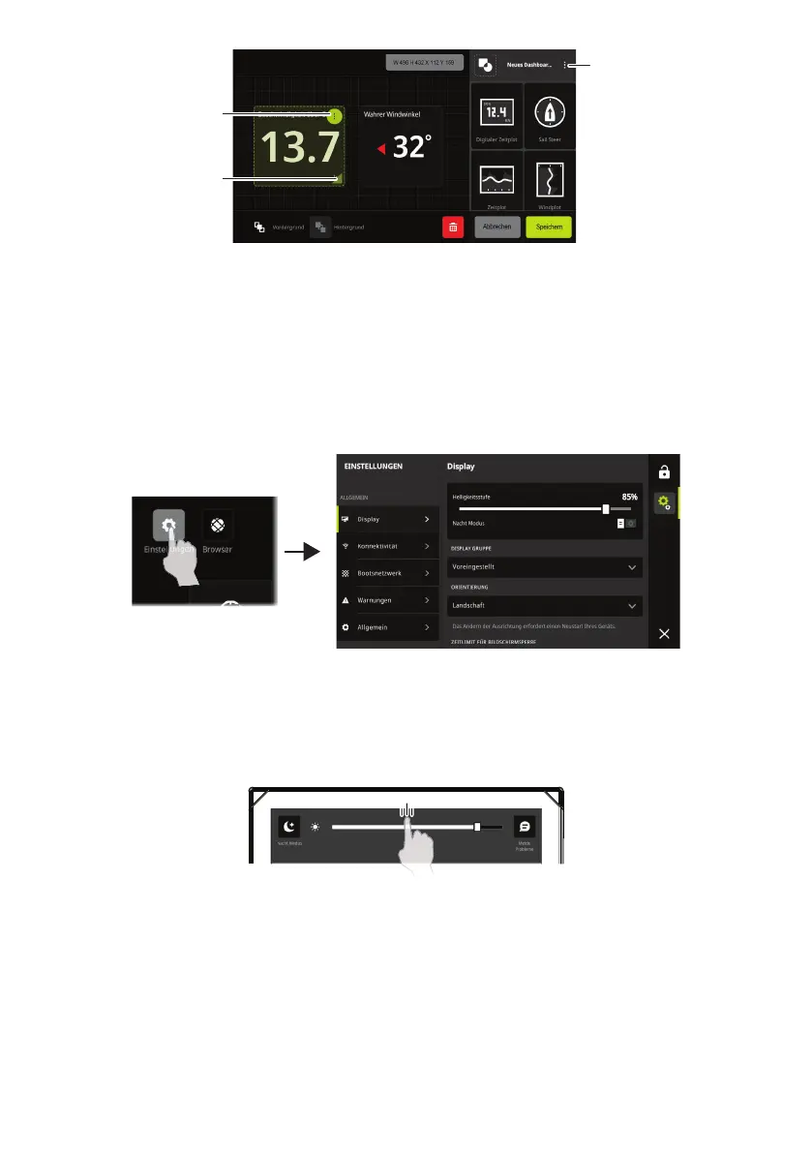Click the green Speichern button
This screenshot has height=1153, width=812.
549,227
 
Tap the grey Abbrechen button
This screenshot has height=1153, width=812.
496,227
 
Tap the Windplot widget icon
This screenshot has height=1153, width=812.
551,180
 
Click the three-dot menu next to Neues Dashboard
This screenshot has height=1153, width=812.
565,65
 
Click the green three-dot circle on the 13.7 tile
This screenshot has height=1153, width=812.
334,116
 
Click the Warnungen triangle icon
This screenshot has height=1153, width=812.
346,600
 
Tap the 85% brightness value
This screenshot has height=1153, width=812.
629,496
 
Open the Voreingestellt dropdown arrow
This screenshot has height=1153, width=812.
632,566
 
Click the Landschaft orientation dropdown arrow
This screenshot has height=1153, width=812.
632,606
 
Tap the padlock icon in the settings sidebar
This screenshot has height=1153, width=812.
665,473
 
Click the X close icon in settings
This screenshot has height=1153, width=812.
664,633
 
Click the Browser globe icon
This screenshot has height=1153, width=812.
217,526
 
